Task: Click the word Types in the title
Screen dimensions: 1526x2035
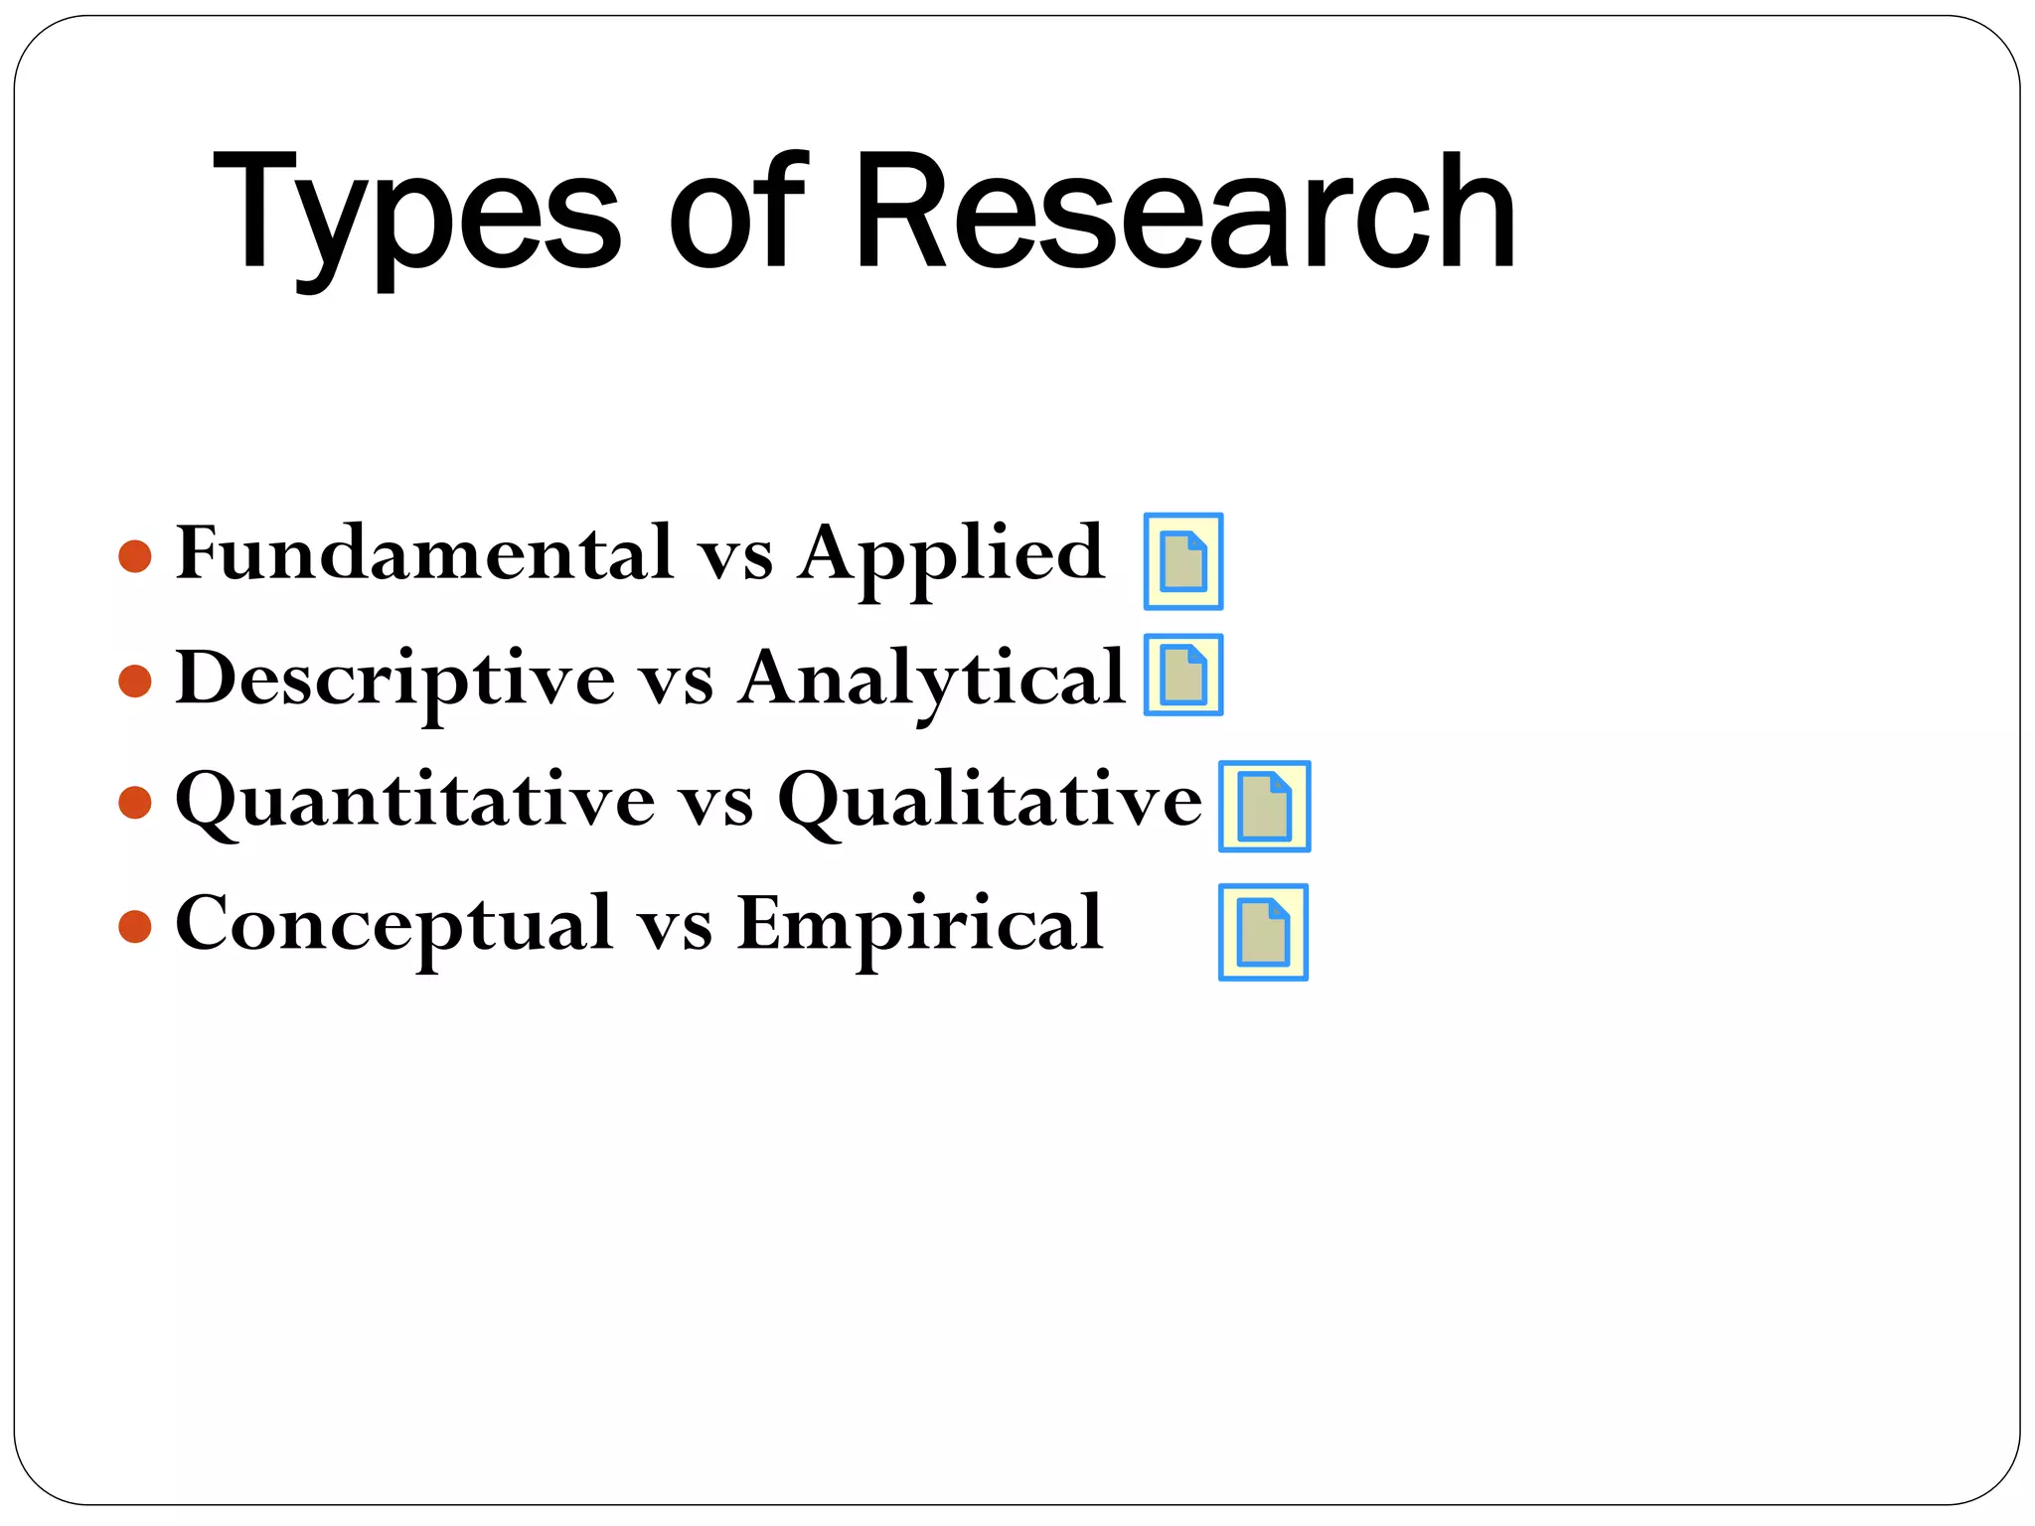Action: click(417, 214)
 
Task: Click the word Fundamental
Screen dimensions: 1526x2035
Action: click(425, 552)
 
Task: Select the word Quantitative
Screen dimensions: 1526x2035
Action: click(415, 801)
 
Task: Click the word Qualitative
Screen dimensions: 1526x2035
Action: click(990, 801)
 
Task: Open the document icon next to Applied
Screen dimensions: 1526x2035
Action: click(1182, 561)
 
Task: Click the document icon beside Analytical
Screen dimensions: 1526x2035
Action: click(1182, 675)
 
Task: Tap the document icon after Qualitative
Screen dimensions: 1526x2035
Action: click(1264, 806)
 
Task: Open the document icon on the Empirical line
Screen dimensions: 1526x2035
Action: click(1263, 932)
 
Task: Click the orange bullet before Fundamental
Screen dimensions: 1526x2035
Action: click(135, 556)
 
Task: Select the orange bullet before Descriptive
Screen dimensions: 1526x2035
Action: click(135, 682)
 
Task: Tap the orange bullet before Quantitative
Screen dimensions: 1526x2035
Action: click(135, 802)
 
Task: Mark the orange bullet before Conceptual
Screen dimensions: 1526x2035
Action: click(135, 927)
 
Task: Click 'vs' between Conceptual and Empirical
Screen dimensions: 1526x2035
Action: click(675, 928)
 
